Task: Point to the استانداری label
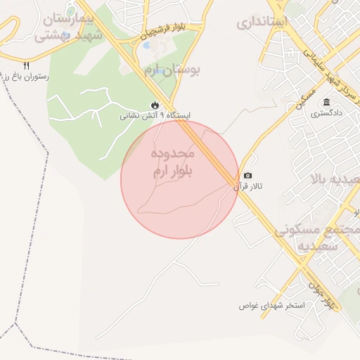[x=262, y=22]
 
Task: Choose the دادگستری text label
[x=328, y=112]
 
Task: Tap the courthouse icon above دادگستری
[x=328, y=103]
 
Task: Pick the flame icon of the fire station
[x=153, y=105]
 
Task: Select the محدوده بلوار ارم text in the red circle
[x=172, y=162]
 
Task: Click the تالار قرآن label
[x=248, y=186]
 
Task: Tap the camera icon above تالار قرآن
[x=247, y=176]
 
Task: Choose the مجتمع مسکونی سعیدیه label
[x=316, y=238]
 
